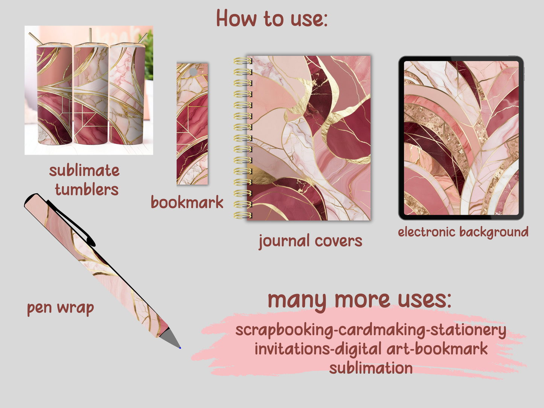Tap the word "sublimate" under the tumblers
coord(84,171)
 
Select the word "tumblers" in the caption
coord(87,189)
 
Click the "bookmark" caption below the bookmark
coord(187,202)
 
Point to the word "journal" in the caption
coord(284,241)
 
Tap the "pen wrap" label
coord(60,308)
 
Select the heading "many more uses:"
coord(359,300)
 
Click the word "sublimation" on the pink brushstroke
coord(371,368)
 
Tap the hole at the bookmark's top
coord(193,72)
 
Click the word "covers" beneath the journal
coord(338,241)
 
